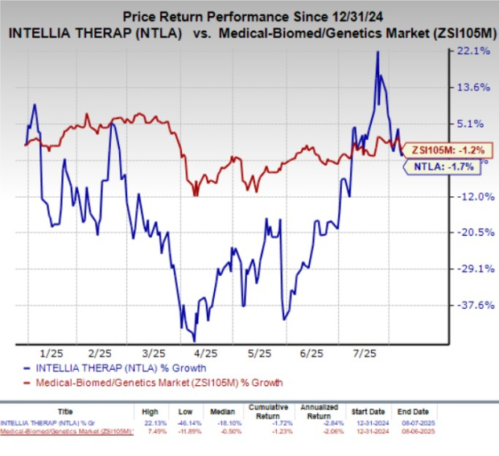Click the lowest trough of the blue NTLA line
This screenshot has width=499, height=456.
coord(194,341)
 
